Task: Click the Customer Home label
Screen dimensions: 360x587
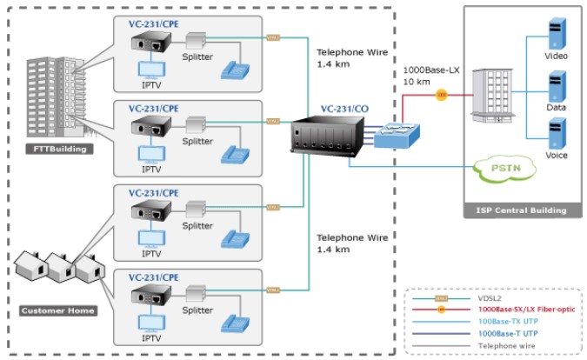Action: [x=58, y=310]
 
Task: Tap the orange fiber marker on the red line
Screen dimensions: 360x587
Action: [x=442, y=93]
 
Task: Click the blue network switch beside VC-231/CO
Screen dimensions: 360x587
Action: [x=397, y=135]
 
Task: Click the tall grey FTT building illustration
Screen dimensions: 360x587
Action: [x=57, y=95]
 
